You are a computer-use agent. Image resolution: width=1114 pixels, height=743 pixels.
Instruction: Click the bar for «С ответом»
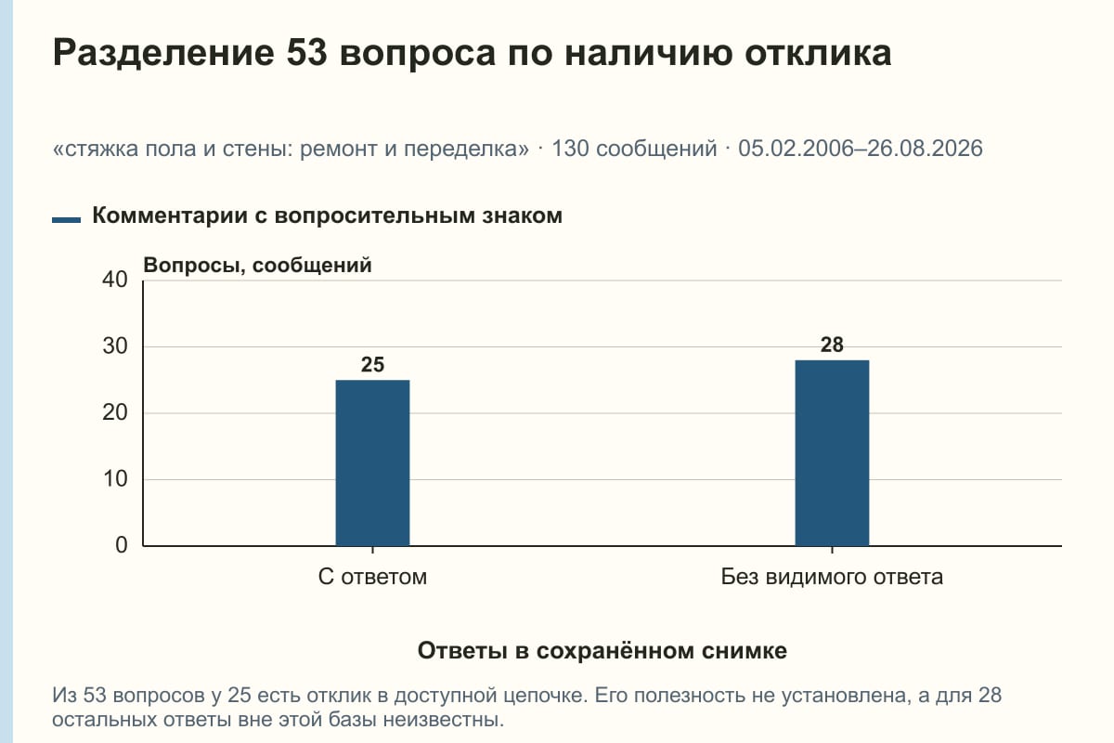(372, 463)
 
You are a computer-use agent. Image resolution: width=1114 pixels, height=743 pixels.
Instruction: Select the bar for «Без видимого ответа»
(832, 453)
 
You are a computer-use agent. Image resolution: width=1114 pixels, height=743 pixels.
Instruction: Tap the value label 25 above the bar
(372, 365)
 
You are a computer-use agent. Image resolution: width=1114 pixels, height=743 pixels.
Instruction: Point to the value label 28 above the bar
(832, 345)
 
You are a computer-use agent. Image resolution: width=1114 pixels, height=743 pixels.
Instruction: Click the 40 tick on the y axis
(115, 280)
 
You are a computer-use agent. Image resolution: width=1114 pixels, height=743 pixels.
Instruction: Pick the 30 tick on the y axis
(115, 346)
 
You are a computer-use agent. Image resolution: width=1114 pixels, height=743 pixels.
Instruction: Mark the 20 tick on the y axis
(115, 412)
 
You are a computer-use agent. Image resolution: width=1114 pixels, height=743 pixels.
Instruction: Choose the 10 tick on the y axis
(115, 479)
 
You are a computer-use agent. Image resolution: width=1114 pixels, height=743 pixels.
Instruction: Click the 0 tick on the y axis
(122, 545)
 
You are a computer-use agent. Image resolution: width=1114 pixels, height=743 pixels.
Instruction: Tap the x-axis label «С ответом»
(372, 577)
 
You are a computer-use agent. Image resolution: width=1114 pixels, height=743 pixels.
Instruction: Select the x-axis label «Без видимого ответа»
(832, 577)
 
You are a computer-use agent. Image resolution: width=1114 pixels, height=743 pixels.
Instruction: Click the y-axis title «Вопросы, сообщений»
(258, 266)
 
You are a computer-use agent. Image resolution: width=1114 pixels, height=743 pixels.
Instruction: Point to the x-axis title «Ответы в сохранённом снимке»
(602, 651)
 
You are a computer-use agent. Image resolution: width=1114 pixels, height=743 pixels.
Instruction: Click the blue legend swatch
(66, 220)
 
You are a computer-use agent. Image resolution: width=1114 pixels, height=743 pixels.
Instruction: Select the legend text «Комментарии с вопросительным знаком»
(327, 216)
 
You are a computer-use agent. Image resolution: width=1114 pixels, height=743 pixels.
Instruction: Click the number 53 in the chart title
(306, 53)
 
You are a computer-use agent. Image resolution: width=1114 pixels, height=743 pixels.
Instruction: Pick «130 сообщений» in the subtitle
(635, 149)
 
